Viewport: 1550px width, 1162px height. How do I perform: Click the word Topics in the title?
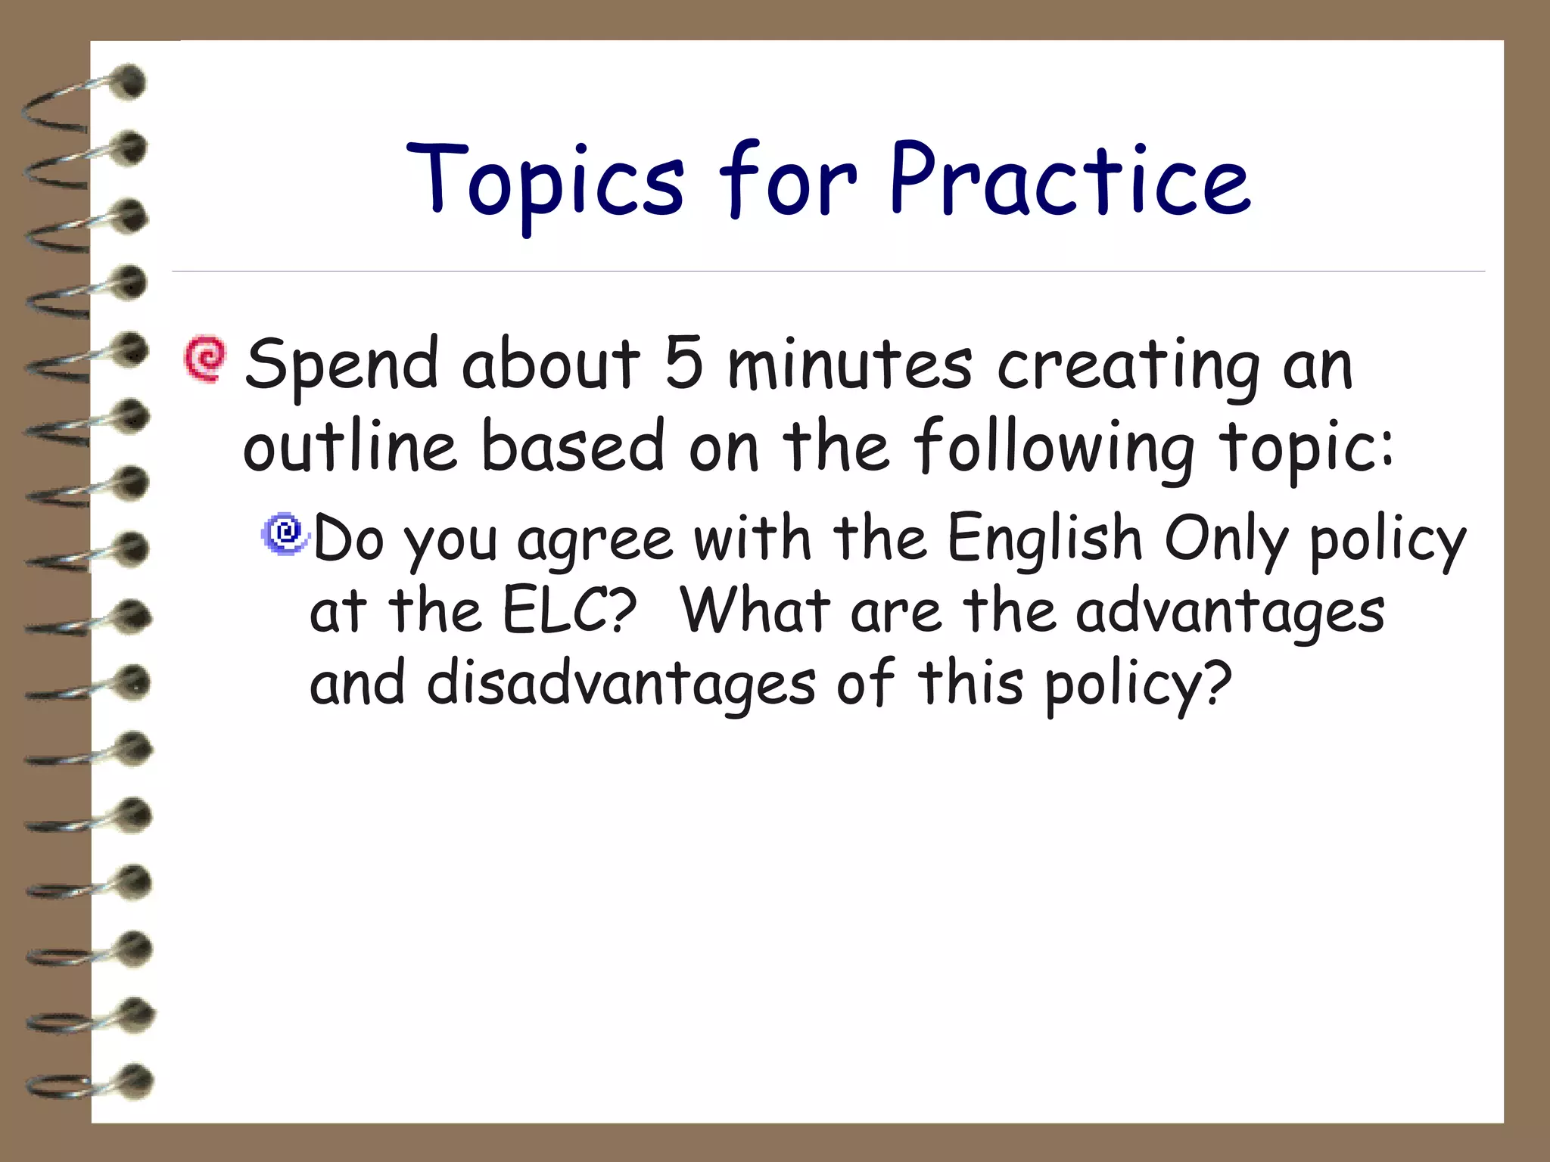(545, 182)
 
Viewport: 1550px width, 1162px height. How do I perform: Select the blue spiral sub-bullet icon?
(285, 533)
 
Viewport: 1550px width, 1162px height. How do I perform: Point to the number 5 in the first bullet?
(683, 363)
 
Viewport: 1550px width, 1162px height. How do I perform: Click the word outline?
(350, 446)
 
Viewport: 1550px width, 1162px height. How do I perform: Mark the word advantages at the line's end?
(1230, 613)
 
